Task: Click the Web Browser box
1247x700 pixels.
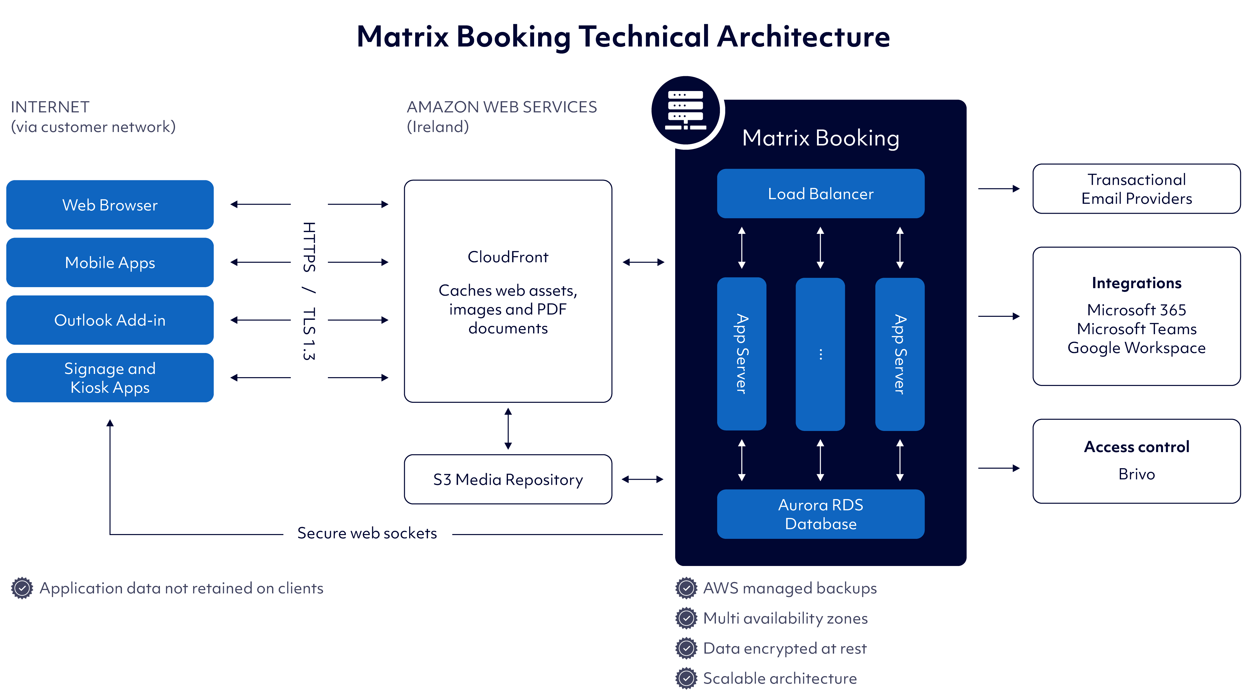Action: click(x=110, y=205)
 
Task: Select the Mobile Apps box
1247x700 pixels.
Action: click(x=110, y=262)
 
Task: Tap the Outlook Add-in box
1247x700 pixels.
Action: click(x=110, y=320)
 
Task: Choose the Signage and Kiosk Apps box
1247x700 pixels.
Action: click(x=110, y=378)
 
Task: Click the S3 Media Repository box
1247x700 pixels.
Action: click(x=508, y=479)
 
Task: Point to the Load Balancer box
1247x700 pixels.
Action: click(x=821, y=194)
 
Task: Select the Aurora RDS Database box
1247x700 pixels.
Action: click(x=821, y=514)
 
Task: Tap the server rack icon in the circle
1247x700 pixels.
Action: click(x=685, y=110)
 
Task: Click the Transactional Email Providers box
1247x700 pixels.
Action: click(x=1136, y=189)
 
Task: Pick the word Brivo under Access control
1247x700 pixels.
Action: click(x=1136, y=474)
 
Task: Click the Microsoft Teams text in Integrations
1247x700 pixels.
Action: click(x=1136, y=329)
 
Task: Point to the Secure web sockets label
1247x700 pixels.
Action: click(x=367, y=533)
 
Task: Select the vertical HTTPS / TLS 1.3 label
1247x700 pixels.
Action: click(x=309, y=291)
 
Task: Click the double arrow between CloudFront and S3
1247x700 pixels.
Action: click(x=508, y=428)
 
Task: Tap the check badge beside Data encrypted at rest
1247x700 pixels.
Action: click(x=686, y=648)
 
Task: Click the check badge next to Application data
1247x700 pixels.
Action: click(x=22, y=588)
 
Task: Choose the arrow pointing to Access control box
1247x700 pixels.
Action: click(x=999, y=468)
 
